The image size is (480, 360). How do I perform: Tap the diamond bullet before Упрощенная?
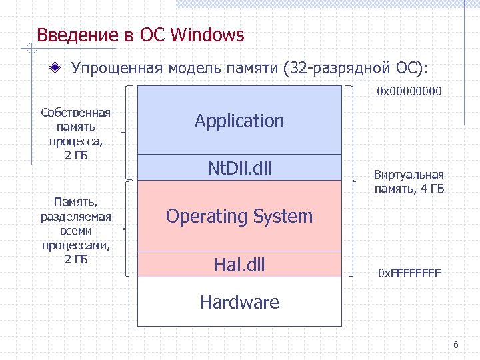[59, 68]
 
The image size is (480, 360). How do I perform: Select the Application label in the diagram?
[239, 121]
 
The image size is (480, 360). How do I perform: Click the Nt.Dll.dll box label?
[239, 168]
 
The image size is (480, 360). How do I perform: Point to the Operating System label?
[239, 216]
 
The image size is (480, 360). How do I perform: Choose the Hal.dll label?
[239, 265]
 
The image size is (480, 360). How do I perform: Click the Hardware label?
[239, 302]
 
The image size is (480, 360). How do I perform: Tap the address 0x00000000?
[409, 91]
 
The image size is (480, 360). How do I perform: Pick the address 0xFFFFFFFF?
[409, 273]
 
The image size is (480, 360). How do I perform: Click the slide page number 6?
[456, 345]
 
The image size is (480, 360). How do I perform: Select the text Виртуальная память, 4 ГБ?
[409, 182]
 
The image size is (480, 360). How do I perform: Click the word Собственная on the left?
[75, 113]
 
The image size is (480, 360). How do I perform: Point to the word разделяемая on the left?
[75, 216]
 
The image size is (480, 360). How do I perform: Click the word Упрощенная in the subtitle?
[117, 68]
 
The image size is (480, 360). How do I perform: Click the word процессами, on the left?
[75, 247]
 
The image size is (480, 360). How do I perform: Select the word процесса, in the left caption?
[75, 143]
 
